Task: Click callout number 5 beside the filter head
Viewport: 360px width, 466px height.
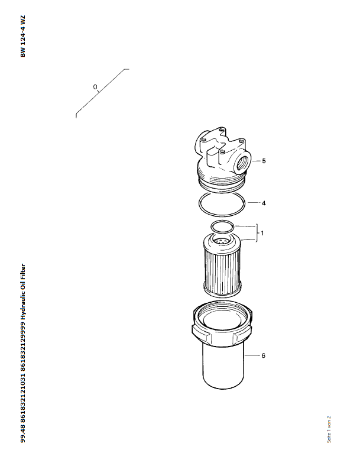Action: pyautogui.click(x=264, y=161)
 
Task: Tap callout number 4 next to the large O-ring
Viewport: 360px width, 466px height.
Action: pyautogui.click(x=264, y=203)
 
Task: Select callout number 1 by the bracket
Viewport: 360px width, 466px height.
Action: pyautogui.click(x=262, y=233)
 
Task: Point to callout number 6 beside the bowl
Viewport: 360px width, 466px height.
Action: pyautogui.click(x=264, y=355)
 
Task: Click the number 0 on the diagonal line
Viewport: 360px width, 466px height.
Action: pyautogui.click(x=95, y=87)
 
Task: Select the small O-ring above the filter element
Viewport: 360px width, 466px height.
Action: pyautogui.click(x=222, y=226)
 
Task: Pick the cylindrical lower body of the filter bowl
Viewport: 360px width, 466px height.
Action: pyautogui.click(x=223, y=367)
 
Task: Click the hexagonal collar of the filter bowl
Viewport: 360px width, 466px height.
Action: pyautogui.click(x=222, y=330)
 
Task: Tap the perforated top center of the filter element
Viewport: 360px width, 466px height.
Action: pyautogui.click(x=221, y=241)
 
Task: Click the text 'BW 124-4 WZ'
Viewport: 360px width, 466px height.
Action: pyautogui.click(x=23, y=36)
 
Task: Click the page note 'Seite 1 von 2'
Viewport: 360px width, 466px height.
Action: pyautogui.click(x=329, y=429)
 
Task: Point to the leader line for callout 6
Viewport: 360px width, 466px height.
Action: pyautogui.click(x=252, y=355)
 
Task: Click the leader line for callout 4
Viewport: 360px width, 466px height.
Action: pyautogui.click(x=254, y=203)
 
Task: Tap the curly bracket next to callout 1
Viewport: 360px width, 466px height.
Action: pyautogui.click(x=256, y=233)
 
